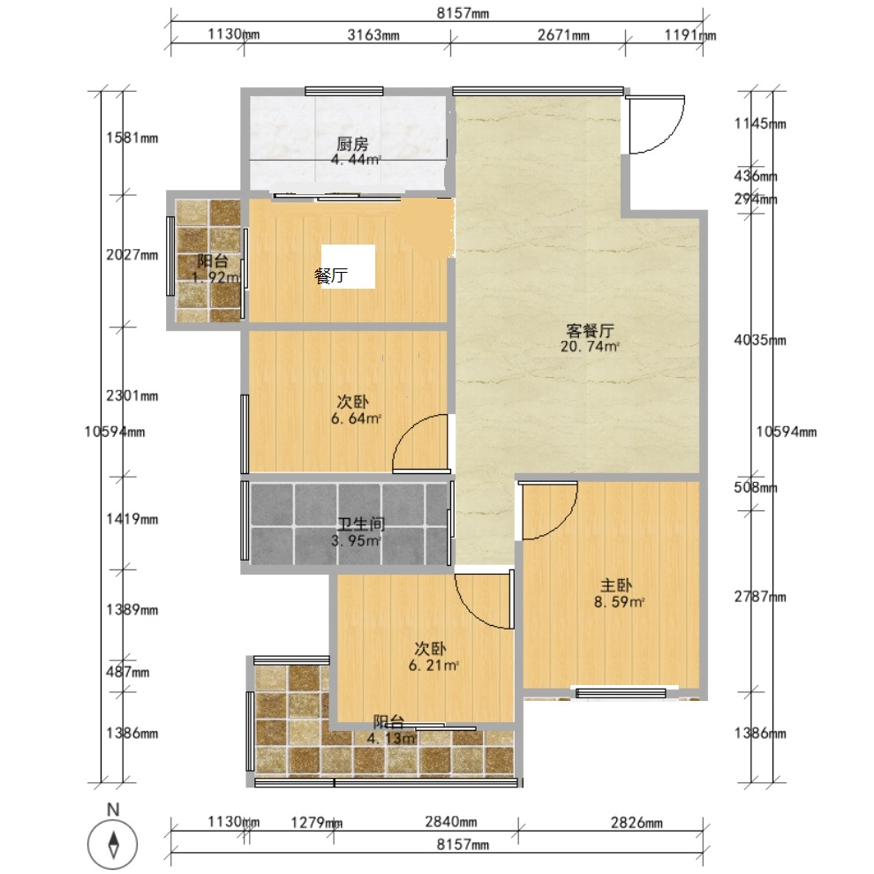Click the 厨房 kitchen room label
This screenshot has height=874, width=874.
(x=352, y=145)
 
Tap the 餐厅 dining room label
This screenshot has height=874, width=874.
(x=331, y=275)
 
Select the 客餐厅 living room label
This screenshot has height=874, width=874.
(x=590, y=330)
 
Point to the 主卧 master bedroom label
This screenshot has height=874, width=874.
(x=616, y=585)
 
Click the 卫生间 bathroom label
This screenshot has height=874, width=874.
(x=361, y=524)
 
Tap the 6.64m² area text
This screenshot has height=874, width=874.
(x=356, y=418)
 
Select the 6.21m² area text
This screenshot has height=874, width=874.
(x=433, y=665)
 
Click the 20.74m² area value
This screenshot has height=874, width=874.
(x=590, y=346)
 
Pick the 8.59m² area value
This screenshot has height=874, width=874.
(x=619, y=602)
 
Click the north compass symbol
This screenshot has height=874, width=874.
(x=113, y=844)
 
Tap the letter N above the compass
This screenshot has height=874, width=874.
(x=113, y=810)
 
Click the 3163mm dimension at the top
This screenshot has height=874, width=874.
(x=373, y=35)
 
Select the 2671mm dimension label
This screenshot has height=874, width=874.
(x=563, y=35)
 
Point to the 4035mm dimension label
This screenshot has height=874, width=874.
(x=760, y=340)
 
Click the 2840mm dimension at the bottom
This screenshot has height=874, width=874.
(x=451, y=822)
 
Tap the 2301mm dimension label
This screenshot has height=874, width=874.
(x=132, y=396)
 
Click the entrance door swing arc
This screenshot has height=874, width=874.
(x=668, y=137)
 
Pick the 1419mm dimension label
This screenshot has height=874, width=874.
(x=132, y=519)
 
